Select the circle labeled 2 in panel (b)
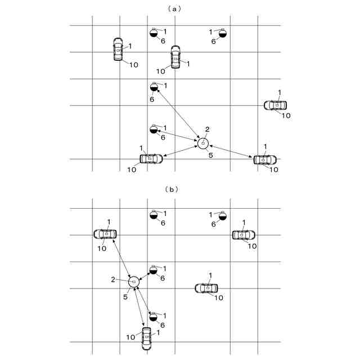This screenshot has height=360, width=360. tap(133, 281)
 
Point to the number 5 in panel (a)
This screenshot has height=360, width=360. tap(210, 155)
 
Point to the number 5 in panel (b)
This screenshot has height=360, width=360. tap(125, 296)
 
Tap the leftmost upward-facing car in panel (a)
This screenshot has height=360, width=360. tap(118, 49)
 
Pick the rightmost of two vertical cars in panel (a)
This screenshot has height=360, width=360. tap(175, 57)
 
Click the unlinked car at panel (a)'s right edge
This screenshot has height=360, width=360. tap(276, 105)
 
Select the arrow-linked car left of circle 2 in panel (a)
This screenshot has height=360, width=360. tap(151, 159)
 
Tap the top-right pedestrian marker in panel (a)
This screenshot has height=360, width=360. tap(222, 33)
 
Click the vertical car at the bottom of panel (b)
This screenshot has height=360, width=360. tap(146, 338)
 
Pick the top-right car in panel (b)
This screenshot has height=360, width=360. tap(244, 235)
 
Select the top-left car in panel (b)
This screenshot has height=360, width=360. tap(105, 233)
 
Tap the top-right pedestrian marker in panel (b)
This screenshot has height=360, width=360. tap(223, 215)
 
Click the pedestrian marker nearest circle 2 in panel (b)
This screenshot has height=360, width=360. tap(154, 270)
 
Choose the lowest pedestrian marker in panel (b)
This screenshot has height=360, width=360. tap(153, 317)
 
